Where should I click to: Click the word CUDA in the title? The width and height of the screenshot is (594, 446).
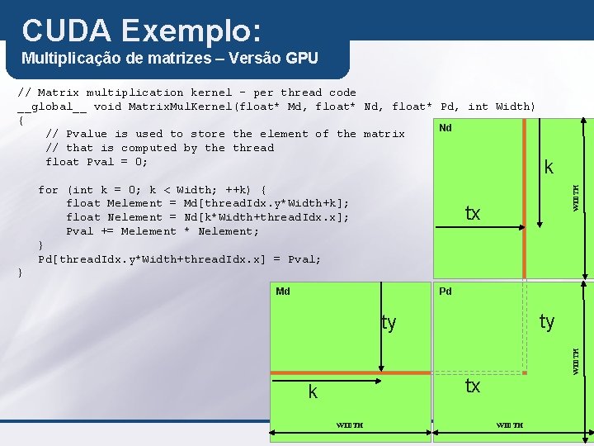65,31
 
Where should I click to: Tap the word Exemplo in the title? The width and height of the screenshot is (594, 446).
191,31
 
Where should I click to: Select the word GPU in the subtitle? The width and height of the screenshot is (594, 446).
301,59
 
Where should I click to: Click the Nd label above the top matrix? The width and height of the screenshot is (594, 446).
445,128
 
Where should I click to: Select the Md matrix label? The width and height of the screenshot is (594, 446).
283,291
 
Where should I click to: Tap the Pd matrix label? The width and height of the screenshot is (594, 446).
445,291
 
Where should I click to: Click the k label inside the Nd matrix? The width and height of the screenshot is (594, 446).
549,168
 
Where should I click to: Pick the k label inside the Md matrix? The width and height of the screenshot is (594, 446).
313,393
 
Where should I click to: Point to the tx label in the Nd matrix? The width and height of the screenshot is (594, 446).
472,214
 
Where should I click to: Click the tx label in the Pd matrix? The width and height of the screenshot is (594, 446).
472,386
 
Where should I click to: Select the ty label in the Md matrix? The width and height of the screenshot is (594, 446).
389,323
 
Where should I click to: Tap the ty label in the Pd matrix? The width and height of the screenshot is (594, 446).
546,321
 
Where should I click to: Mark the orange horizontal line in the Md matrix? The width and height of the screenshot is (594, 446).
354,373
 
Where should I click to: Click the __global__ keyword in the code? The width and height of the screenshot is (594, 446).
52,107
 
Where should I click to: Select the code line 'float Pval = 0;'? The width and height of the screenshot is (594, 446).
97,162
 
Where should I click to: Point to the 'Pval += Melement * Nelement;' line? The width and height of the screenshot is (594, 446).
162,231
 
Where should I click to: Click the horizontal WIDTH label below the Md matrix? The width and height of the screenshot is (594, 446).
349,425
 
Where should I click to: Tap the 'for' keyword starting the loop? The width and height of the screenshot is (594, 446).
48,190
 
